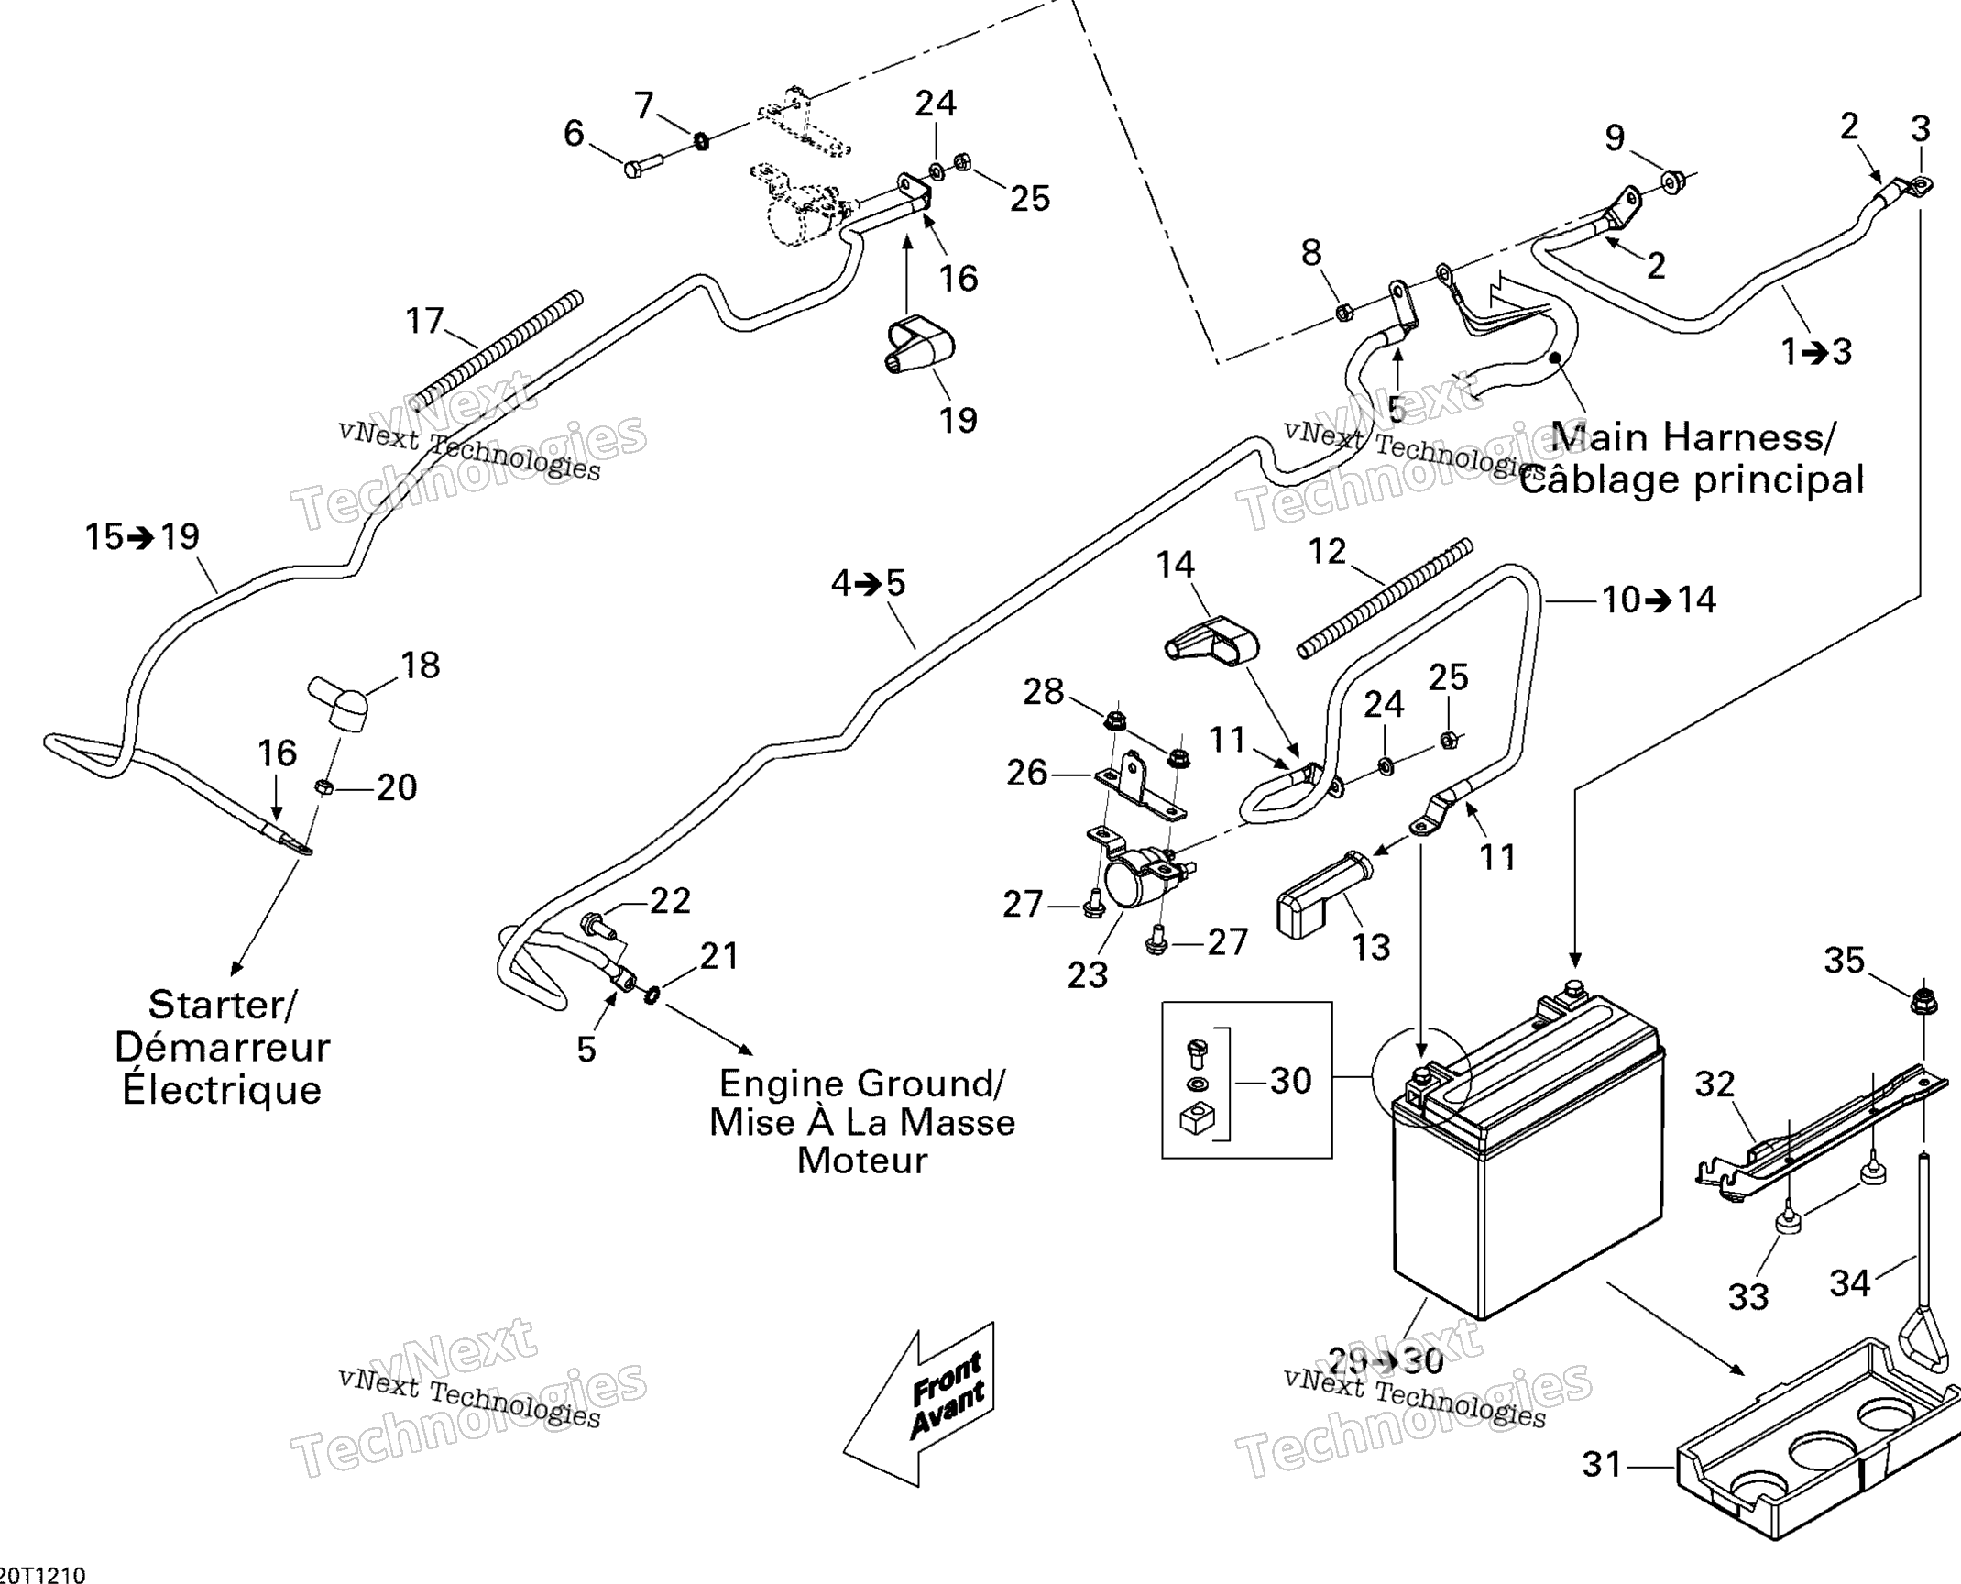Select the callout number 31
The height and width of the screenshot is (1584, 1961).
1604,1464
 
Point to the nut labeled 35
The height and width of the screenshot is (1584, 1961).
1923,1000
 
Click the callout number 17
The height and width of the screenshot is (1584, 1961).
424,321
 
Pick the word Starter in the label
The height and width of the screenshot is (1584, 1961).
222,1005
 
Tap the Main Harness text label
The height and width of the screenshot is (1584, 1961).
1693,436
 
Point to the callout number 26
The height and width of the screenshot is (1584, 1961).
1026,773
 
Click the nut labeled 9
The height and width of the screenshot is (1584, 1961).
1670,182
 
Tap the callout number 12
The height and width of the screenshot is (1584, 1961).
1327,551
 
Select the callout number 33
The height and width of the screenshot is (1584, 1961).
1748,1296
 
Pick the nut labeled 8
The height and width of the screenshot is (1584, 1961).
1342,312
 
